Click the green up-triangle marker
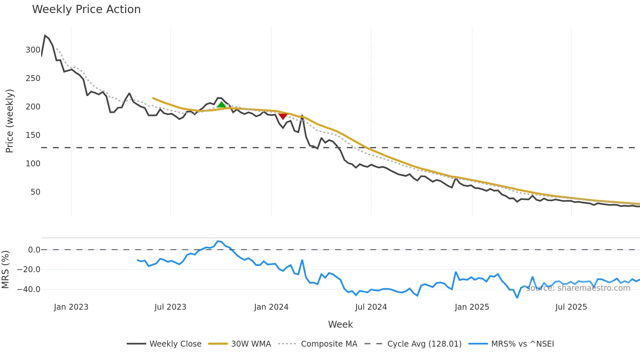(x=221, y=105)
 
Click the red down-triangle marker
(x=283, y=116)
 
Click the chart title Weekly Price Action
(x=86, y=9)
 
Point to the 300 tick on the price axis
(x=33, y=50)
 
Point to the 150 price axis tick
(x=33, y=135)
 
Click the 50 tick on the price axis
(x=35, y=192)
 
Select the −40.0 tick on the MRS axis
(x=29, y=289)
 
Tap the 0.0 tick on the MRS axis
(x=34, y=250)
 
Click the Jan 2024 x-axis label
(x=271, y=307)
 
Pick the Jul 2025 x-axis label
(x=571, y=307)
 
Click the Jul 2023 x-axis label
(x=170, y=307)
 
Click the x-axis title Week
(x=340, y=324)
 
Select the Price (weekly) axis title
(x=9, y=121)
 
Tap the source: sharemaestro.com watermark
(x=578, y=288)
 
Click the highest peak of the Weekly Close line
(x=45, y=35)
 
